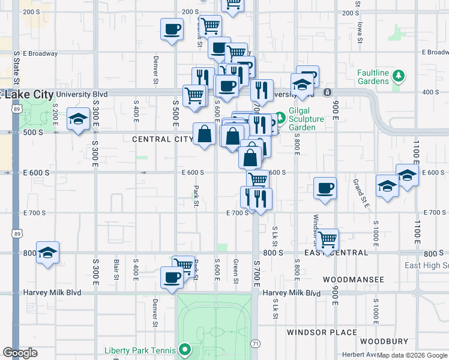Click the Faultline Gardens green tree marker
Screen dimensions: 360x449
pyautogui.click(x=398, y=76)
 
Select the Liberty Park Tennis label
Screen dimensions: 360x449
pyautogui.click(x=140, y=350)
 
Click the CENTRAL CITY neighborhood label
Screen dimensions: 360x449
pyautogui.click(x=163, y=139)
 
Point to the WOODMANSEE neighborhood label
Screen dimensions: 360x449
pyautogui.click(x=353, y=280)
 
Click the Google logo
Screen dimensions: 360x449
pyautogui.click(x=20, y=353)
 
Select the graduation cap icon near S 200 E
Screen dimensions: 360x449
pyautogui.click(x=78, y=119)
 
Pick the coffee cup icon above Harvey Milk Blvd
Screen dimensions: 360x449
pyautogui.click(x=172, y=278)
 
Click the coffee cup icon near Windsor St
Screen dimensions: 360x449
pyautogui.click(x=325, y=188)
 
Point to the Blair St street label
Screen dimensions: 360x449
pyautogui.click(x=115, y=270)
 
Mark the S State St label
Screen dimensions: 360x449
pyautogui.click(x=17, y=68)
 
